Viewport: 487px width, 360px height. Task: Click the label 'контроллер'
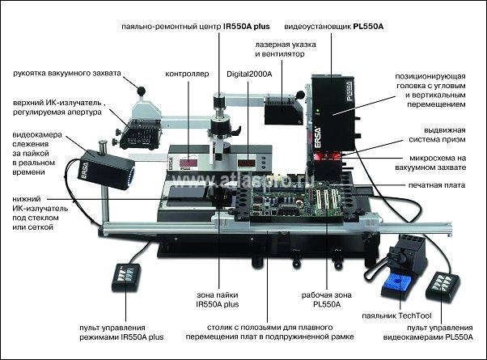pyautogui.click(x=187, y=73)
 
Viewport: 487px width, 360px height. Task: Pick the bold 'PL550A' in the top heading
pyautogui.click(x=368, y=27)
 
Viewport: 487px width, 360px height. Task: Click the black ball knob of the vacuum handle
pyautogui.click(x=141, y=88)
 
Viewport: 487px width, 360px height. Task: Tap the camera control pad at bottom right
pyautogui.click(x=448, y=285)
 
